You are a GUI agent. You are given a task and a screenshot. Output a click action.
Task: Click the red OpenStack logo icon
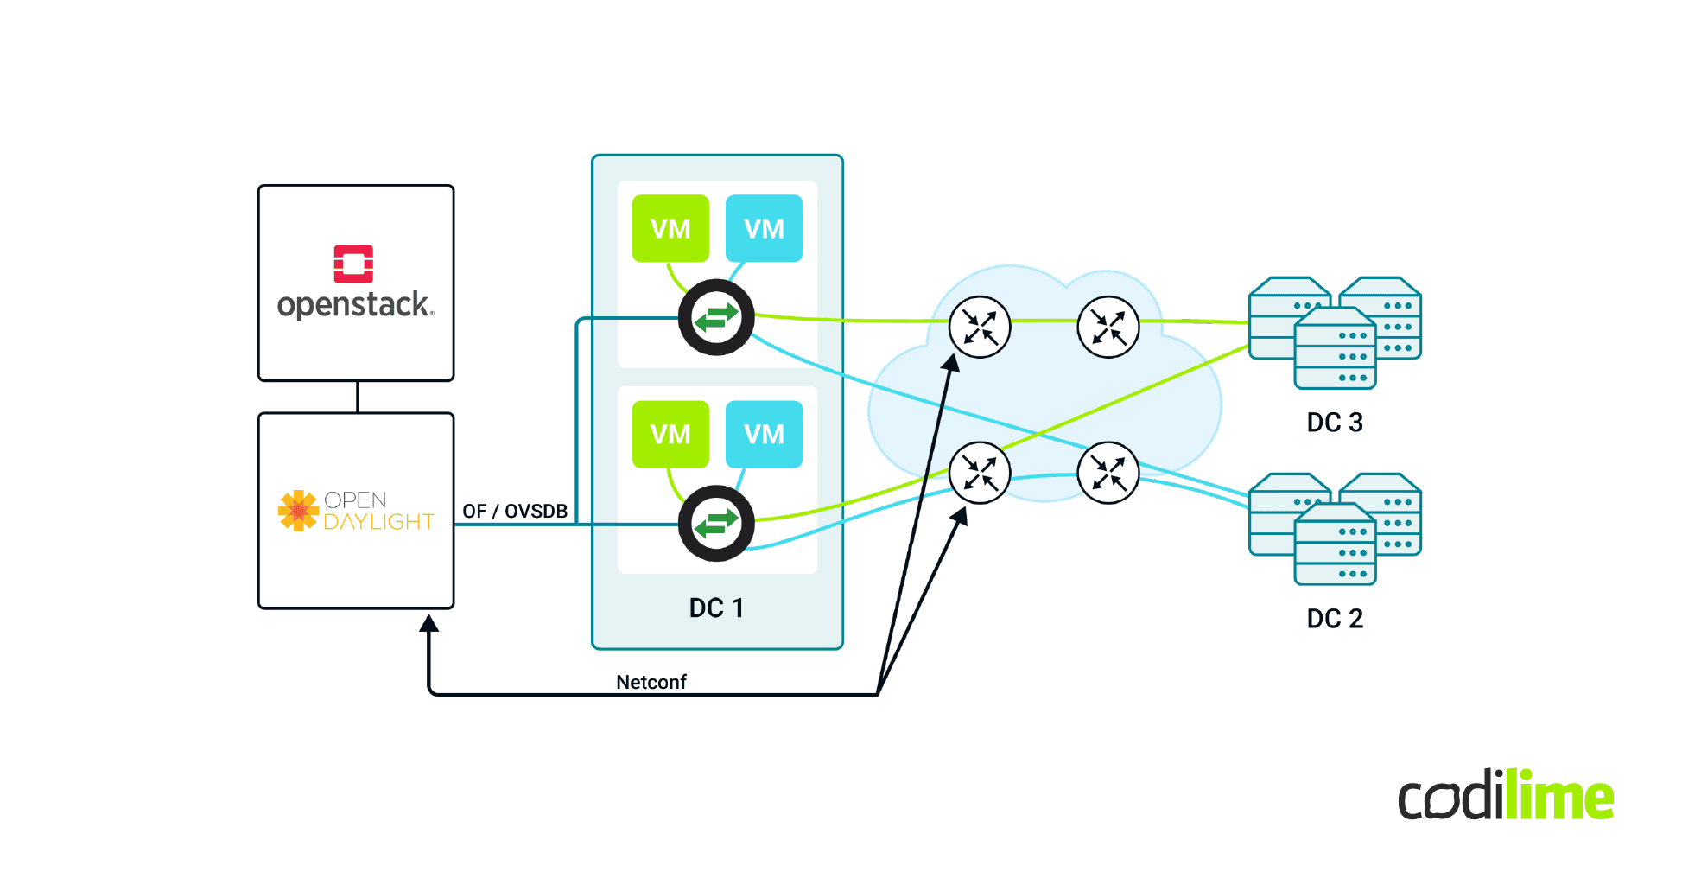point(353,264)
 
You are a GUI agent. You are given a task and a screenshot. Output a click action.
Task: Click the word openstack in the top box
point(354,305)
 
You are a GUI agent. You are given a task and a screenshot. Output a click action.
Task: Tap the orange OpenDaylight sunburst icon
point(298,510)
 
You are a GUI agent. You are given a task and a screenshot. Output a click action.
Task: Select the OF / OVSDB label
point(515,511)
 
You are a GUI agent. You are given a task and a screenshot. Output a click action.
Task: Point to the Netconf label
point(651,682)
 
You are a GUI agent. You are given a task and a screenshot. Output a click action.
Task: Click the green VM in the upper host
point(670,228)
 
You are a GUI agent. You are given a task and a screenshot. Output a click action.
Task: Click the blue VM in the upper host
point(764,228)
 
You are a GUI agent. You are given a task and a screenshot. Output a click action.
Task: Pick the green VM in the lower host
point(670,434)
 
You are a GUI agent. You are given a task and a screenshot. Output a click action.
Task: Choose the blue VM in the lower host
point(764,434)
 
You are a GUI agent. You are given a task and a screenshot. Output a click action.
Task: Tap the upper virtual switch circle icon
point(716,317)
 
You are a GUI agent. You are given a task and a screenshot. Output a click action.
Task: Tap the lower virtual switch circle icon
point(716,523)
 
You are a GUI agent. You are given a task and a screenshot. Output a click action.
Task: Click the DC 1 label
point(716,608)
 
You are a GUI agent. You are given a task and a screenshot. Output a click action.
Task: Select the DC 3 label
point(1334,423)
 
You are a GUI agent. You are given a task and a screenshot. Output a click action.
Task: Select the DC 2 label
point(1334,619)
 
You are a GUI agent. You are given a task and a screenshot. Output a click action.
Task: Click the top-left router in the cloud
point(980,327)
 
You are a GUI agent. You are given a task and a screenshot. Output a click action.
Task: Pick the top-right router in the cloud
point(1108,327)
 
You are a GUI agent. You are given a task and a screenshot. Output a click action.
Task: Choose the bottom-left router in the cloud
point(980,473)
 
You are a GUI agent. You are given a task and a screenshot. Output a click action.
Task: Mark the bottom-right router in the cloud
point(1108,473)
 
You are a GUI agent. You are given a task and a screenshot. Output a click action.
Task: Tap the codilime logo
point(1505,796)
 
